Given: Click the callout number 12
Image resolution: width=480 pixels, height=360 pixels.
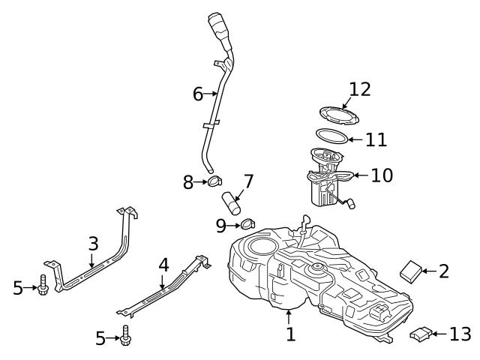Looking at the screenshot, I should [x=360, y=90].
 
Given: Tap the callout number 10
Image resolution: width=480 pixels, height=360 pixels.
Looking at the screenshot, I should [x=381, y=175].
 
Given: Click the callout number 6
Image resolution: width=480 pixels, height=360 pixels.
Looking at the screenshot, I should [x=197, y=94].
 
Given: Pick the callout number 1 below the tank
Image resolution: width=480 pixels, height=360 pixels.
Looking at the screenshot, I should [x=291, y=334].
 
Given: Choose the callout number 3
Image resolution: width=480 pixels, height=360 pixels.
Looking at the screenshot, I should [x=93, y=244].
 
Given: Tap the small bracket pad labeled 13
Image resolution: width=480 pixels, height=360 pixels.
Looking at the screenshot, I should [x=421, y=334].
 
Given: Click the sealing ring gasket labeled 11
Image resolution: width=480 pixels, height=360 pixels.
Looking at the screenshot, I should [x=331, y=136].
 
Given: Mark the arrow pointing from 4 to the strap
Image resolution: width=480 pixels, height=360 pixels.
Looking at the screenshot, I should [x=163, y=280].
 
